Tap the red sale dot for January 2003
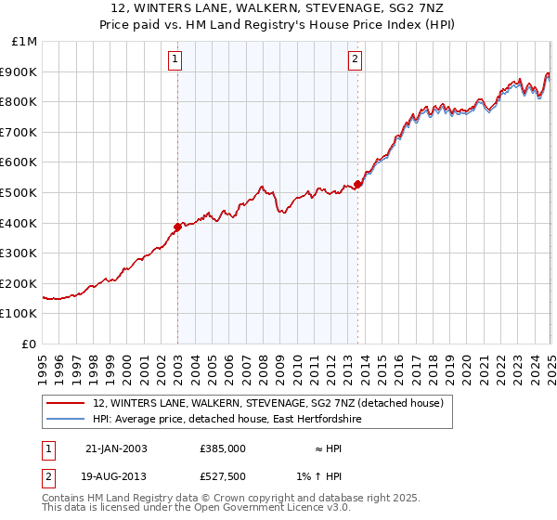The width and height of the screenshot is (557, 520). click(x=177, y=226)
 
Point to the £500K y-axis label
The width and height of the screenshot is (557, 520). click(x=20, y=192)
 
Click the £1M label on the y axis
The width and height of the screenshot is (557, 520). click(x=25, y=42)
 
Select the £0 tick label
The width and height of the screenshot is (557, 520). click(x=30, y=344)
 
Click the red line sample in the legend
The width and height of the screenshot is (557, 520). click(x=64, y=403)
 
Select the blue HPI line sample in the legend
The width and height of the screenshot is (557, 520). click(x=64, y=420)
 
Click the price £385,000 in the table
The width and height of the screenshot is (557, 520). click(x=223, y=448)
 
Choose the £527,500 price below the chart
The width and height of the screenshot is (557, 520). click(x=223, y=477)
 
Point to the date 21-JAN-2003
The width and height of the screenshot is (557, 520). click(x=116, y=448)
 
